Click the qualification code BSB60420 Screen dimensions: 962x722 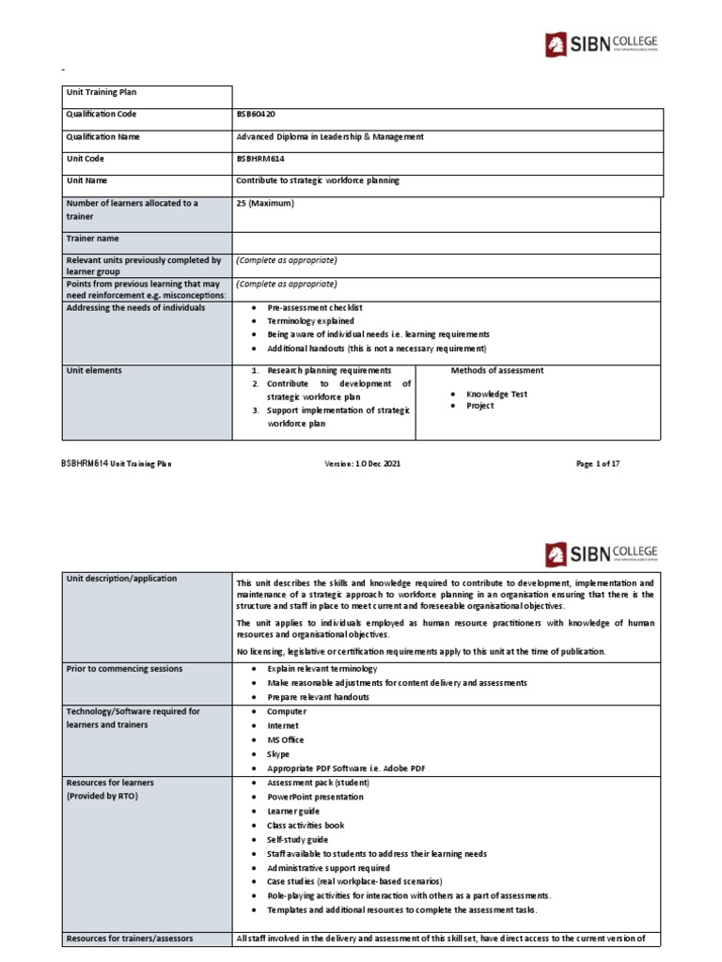258,115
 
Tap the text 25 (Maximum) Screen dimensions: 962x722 267,203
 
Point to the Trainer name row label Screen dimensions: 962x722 93,239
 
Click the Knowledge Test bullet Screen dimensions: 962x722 496,394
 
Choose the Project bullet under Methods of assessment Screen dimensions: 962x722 479,406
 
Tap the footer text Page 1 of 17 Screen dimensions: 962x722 597,464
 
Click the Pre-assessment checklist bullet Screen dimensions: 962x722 315,308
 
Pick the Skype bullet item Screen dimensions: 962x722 278,753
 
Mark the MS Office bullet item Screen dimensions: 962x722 286,739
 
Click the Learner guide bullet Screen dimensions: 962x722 294,811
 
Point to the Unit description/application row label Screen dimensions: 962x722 121,579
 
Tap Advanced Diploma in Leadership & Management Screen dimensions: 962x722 330,136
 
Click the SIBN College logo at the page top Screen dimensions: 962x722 602,45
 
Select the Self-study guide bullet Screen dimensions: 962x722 296,839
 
